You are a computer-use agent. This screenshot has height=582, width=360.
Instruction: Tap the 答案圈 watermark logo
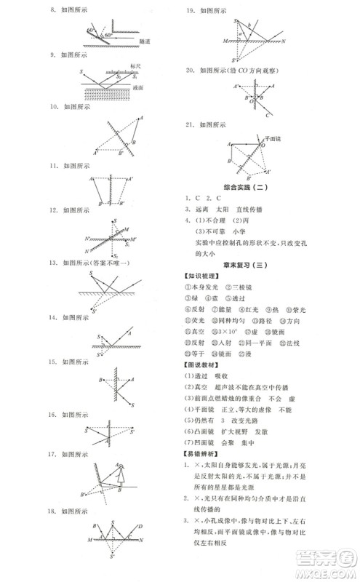321,564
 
